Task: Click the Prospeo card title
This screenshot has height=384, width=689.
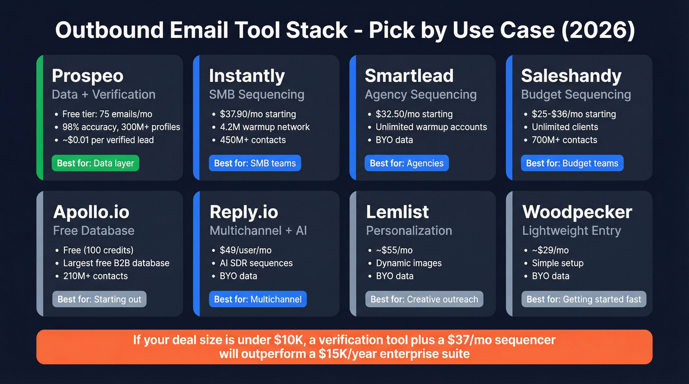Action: tap(88, 76)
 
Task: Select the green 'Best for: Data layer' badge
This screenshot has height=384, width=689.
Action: tap(95, 163)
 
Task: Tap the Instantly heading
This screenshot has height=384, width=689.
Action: tap(247, 76)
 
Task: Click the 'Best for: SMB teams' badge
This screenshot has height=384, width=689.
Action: tap(254, 163)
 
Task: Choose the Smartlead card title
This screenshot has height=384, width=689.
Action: tap(409, 76)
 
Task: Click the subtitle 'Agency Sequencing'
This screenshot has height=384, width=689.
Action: tap(420, 94)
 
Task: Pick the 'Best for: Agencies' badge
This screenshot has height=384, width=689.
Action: tap(407, 163)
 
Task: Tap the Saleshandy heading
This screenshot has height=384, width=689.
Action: tap(571, 76)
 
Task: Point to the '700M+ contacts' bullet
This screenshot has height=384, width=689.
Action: tap(564, 140)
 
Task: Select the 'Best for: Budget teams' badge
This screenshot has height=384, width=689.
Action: tap(572, 163)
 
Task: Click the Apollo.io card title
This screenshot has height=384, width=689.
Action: tap(91, 212)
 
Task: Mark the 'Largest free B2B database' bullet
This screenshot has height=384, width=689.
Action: tap(116, 263)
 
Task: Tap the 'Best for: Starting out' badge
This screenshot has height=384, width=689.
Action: tap(99, 299)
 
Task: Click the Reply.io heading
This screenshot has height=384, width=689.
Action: tap(244, 212)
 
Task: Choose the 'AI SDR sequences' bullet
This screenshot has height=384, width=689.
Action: tap(256, 263)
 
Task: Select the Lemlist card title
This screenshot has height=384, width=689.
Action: tap(397, 212)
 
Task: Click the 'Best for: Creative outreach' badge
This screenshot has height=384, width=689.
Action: tap(424, 299)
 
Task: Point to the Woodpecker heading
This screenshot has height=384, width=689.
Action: tap(577, 212)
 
